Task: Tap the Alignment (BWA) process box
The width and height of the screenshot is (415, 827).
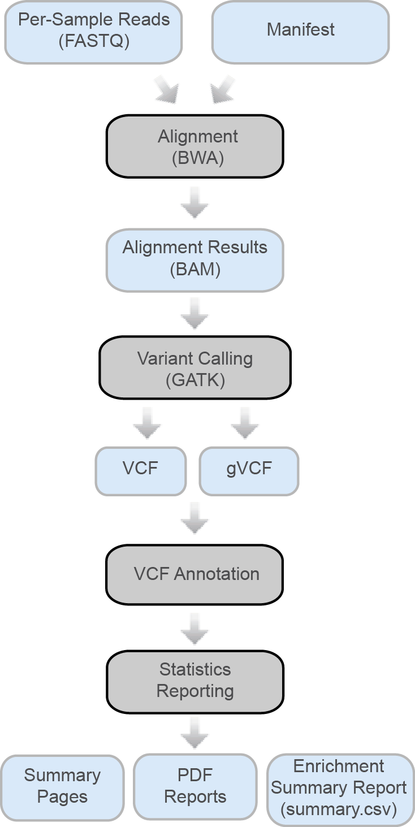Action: tap(195, 147)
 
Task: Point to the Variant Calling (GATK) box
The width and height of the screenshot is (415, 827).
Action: tap(195, 369)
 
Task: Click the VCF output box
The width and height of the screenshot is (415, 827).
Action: tap(141, 470)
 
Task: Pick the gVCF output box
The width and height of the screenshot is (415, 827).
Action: tap(249, 470)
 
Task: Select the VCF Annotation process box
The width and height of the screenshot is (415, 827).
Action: tap(195, 574)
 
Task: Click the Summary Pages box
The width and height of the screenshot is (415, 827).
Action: tap(62, 786)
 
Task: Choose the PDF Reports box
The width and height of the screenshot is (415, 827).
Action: tap(195, 786)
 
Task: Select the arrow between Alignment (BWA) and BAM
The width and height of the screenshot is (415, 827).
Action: tap(195, 203)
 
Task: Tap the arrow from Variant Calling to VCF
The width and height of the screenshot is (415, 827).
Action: tap(147, 424)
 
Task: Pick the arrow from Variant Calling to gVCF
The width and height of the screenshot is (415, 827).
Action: tap(245, 424)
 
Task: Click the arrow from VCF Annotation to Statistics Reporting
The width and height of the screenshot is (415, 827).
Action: tap(195, 629)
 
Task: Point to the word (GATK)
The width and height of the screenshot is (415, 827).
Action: tap(195, 380)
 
